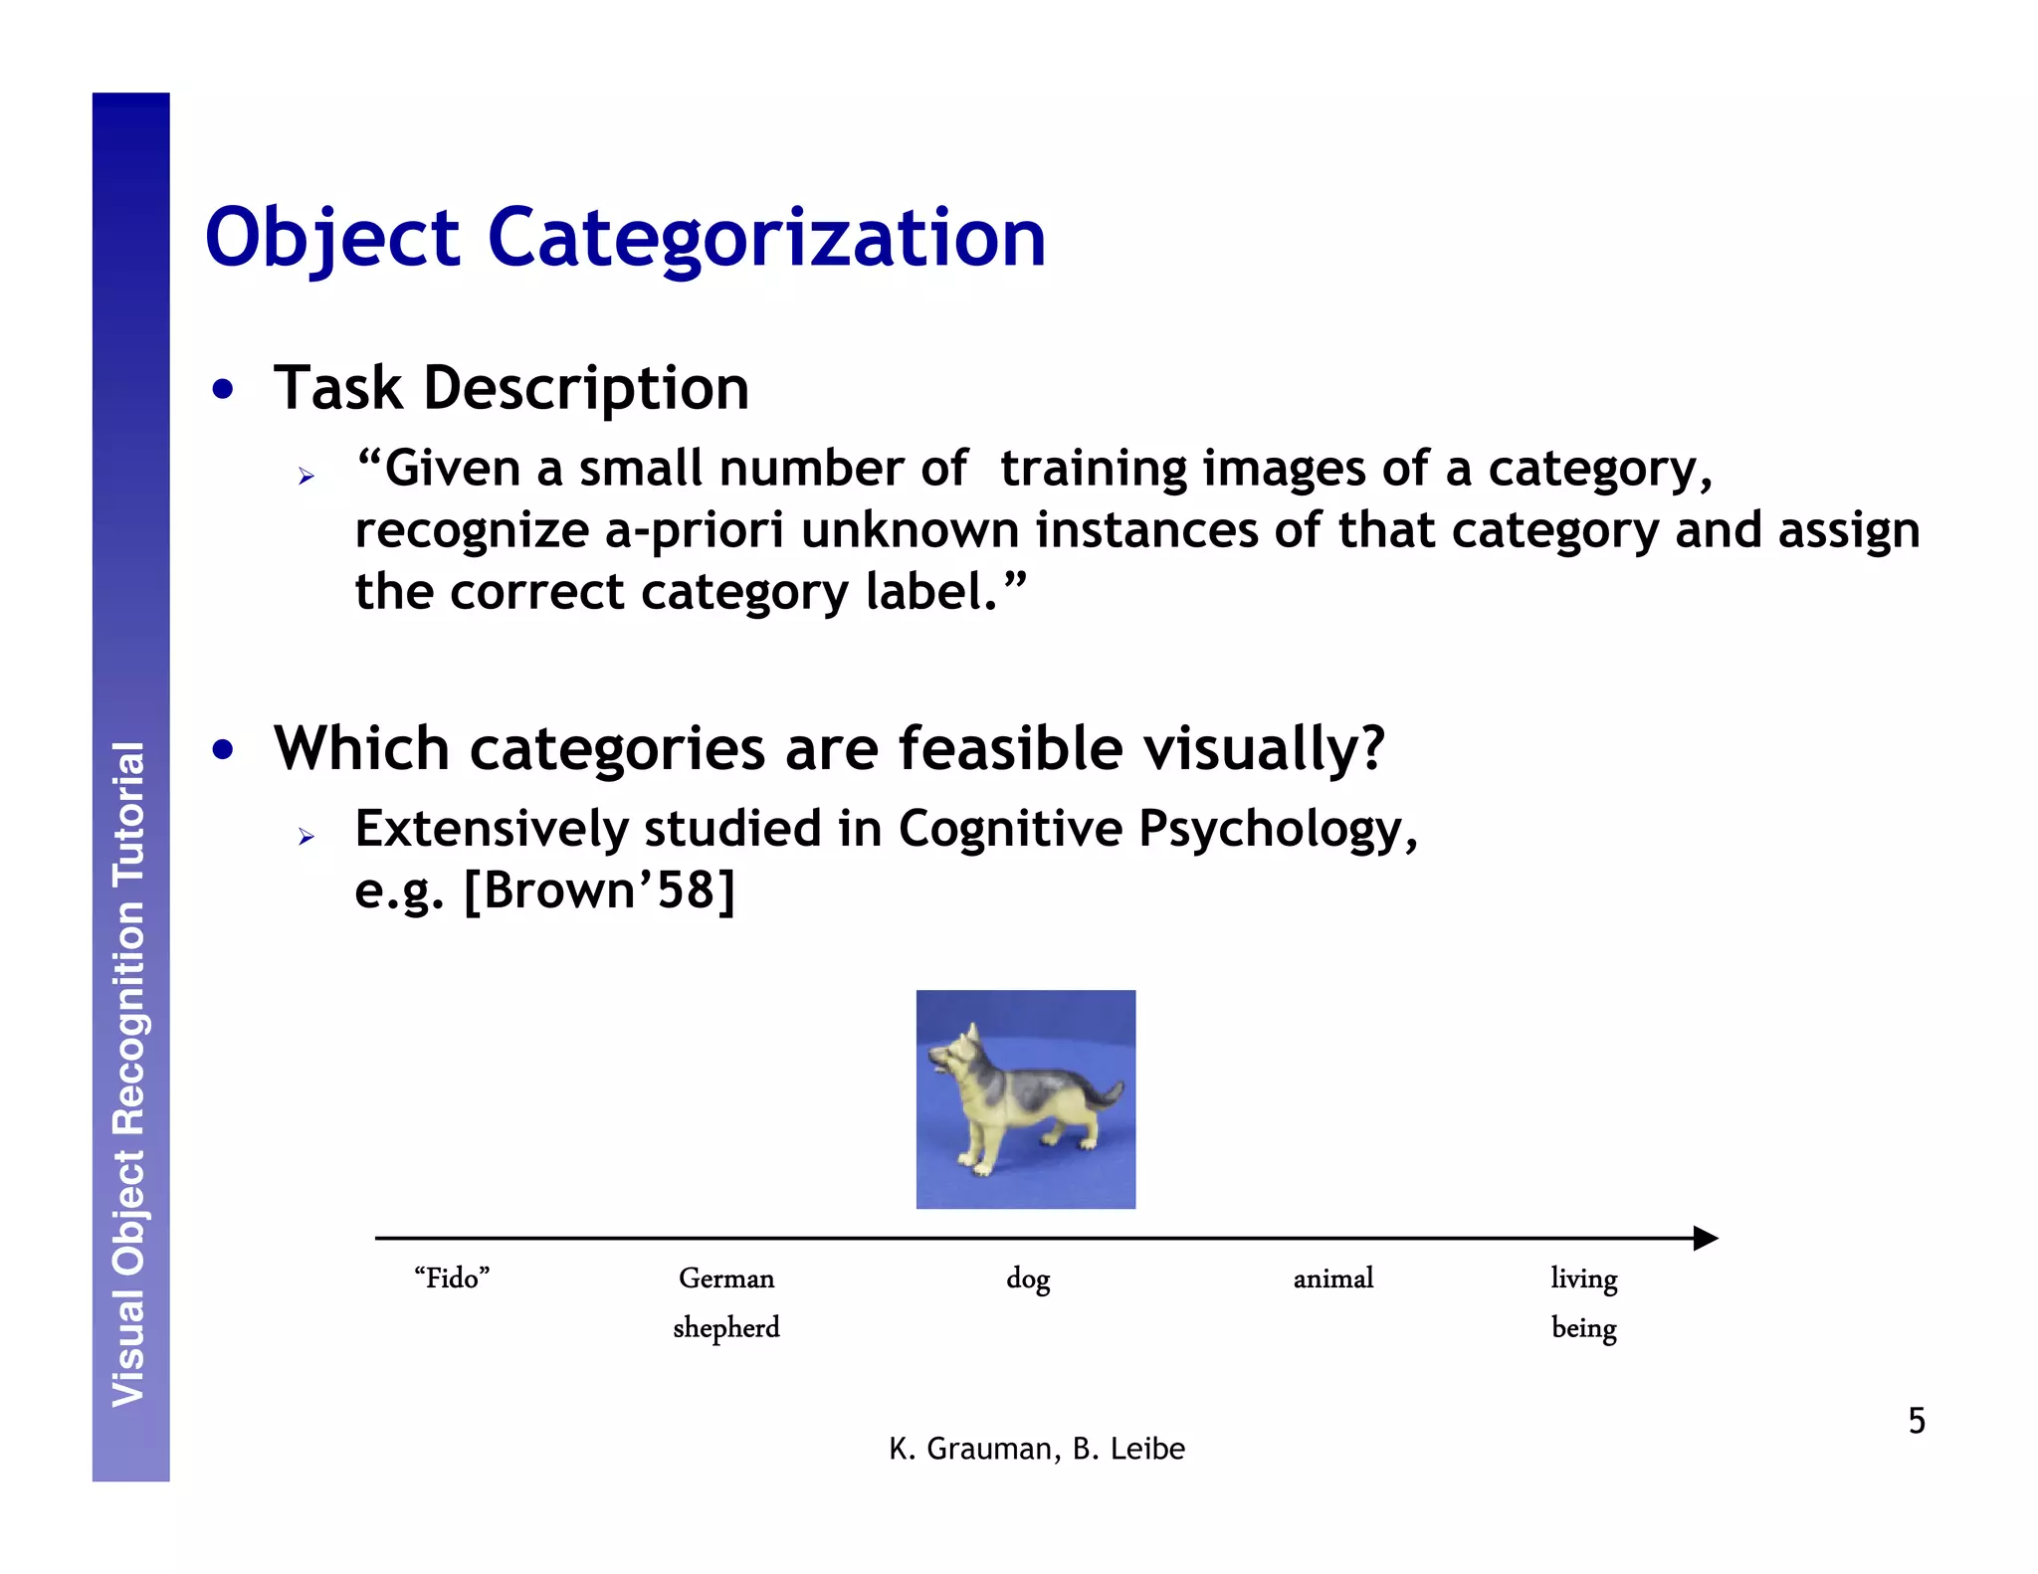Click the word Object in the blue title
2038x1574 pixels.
pyautogui.click(x=332, y=239)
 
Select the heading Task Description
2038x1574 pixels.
pyautogui.click(x=511, y=388)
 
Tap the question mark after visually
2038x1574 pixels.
pyautogui.click(x=1372, y=748)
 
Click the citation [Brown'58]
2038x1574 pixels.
pyautogui.click(x=599, y=889)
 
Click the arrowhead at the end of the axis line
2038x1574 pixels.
pyautogui.click(x=1705, y=1239)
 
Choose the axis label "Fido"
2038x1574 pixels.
pyautogui.click(x=452, y=1279)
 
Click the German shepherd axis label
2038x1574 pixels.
pyautogui.click(x=726, y=1302)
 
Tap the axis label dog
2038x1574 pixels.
pyautogui.click(x=1028, y=1279)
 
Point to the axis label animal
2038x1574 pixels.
pyautogui.click(x=1333, y=1279)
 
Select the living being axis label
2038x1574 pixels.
pyautogui.click(x=1584, y=1302)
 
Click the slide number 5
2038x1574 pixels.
pyautogui.click(x=1917, y=1421)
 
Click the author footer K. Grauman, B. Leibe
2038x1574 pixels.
pyautogui.click(x=1037, y=1450)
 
